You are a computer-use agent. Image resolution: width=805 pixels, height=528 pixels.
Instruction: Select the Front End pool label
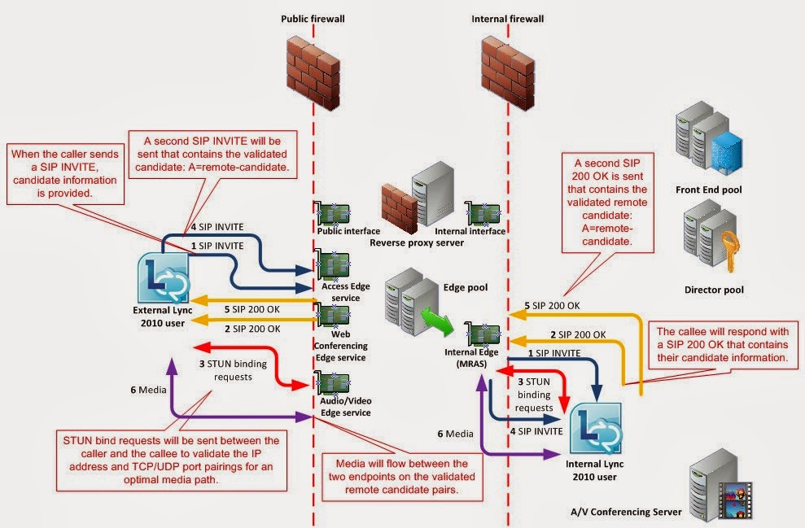(x=708, y=190)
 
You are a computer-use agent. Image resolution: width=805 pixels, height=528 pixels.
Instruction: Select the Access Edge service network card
(x=334, y=264)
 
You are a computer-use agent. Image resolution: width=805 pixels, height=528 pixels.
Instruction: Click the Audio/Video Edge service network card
(x=334, y=382)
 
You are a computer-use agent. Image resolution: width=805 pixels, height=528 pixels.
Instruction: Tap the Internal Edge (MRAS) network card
(x=480, y=334)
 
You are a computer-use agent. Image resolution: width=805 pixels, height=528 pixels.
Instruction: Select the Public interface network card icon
(x=334, y=214)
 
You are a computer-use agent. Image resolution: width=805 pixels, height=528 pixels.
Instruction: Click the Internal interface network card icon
(x=482, y=214)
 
